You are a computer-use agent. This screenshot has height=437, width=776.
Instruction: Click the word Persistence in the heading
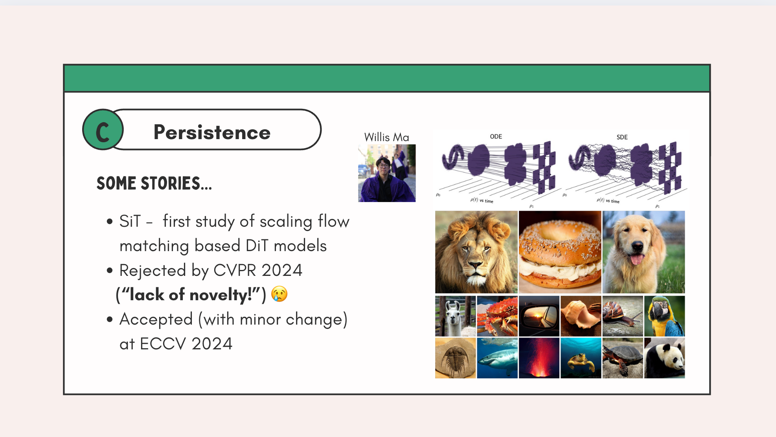(212, 132)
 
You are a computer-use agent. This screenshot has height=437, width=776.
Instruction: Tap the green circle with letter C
(103, 130)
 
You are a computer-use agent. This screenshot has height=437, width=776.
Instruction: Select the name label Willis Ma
(386, 137)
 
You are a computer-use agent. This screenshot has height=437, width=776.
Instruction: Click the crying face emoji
(280, 294)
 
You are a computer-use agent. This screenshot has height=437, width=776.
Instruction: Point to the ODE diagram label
(496, 136)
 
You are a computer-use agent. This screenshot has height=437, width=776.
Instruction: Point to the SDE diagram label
(622, 137)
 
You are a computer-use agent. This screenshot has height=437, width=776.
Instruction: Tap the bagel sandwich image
(560, 252)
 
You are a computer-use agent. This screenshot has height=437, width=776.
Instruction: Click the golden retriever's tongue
(637, 259)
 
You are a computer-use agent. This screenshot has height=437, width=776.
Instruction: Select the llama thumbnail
(455, 316)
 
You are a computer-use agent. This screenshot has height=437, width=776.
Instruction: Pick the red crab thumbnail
(497, 316)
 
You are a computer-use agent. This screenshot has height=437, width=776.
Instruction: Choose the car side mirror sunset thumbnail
(539, 316)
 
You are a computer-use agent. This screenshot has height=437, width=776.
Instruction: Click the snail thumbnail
(623, 316)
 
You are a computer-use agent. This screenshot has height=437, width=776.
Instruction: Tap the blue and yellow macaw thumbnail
(664, 316)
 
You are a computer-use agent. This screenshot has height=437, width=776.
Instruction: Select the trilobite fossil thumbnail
(455, 358)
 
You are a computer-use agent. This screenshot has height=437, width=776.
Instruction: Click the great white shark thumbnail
(497, 358)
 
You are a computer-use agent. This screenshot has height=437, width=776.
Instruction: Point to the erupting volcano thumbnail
(539, 358)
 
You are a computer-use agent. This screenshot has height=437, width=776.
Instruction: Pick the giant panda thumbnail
(664, 358)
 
